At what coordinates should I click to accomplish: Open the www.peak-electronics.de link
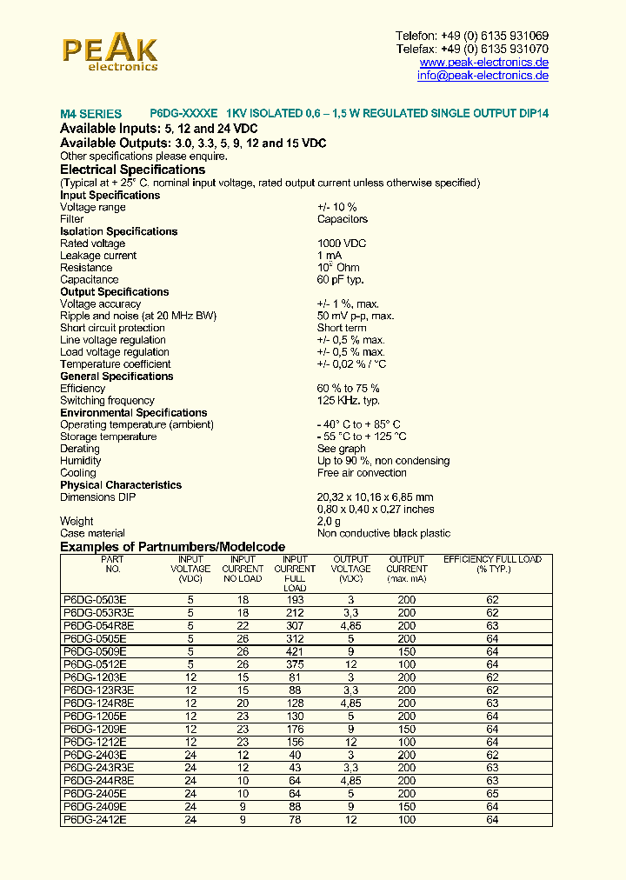(483, 63)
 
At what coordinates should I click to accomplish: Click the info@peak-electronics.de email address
(483, 76)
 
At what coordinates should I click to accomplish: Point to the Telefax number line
(472, 50)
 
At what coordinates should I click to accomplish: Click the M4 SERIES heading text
(90, 114)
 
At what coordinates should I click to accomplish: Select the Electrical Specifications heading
(132, 170)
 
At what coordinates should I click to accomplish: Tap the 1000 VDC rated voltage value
(342, 243)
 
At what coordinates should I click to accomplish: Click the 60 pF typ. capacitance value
(340, 280)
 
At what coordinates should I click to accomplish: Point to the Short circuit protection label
(112, 328)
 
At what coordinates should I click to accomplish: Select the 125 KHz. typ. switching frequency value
(348, 401)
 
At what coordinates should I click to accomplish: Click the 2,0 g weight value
(330, 521)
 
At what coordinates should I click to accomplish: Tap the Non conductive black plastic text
(383, 533)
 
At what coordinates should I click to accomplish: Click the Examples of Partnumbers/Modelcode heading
(172, 546)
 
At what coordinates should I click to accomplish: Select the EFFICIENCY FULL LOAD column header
(492, 559)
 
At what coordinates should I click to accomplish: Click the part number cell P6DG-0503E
(95, 600)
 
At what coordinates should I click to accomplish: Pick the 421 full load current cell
(295, 651)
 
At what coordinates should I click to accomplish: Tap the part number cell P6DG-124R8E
(98, 703)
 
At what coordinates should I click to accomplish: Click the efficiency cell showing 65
(492, 794)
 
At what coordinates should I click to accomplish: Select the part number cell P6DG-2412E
(95, 819)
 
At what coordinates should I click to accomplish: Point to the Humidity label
(80, 461)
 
